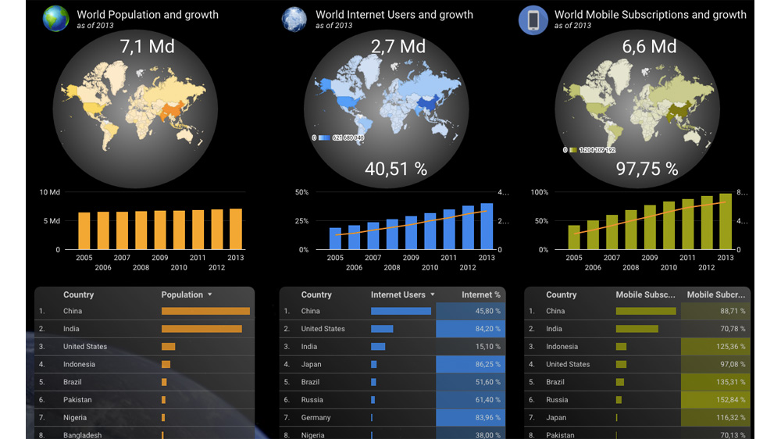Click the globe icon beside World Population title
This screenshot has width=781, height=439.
55,19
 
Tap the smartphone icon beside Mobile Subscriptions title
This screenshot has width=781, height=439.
533,20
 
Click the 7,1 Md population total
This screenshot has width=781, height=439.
147,46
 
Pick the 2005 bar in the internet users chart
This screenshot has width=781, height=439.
336,238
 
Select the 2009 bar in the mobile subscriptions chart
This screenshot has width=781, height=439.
650,227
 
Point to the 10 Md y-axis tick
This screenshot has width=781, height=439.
49,192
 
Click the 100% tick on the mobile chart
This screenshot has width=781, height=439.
539,192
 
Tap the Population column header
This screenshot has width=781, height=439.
182,294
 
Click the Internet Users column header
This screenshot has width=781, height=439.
398,294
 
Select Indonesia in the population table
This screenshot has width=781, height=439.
79,364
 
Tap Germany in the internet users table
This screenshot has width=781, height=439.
316,417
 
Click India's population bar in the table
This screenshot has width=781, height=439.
201,329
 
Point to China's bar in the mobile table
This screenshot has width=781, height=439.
646,311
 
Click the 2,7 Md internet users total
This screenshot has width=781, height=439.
398,46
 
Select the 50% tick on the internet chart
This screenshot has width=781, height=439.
301,192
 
